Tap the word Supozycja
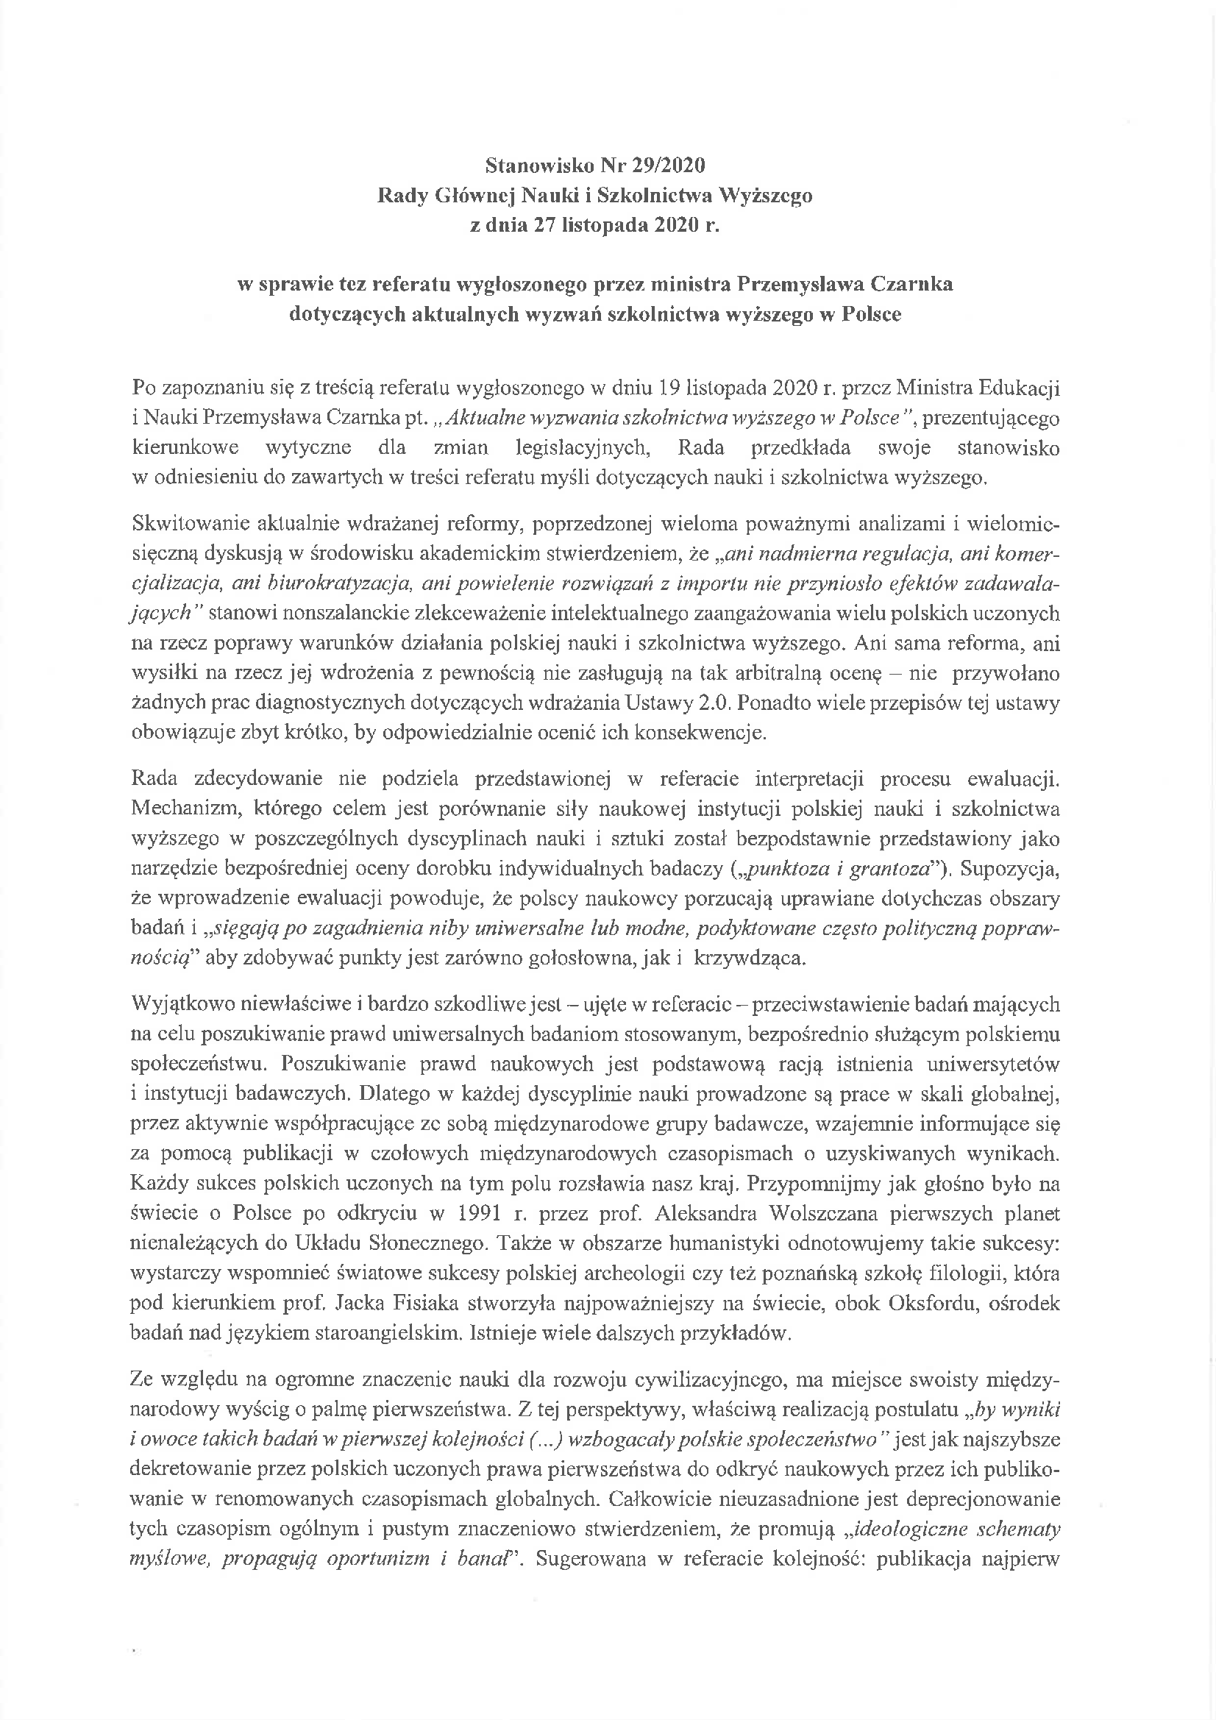[1009, 869]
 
